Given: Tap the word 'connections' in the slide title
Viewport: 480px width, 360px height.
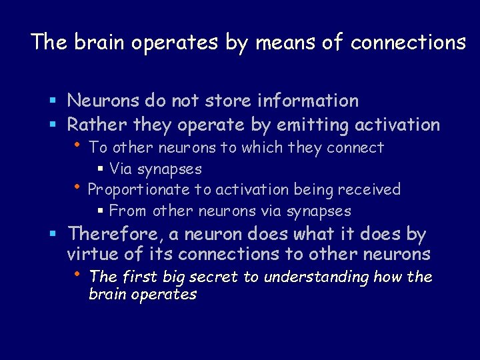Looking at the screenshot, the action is [408, 43].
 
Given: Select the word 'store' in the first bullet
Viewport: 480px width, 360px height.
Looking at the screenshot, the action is [231, 101].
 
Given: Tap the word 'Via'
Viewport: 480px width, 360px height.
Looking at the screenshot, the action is [121, 169].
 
